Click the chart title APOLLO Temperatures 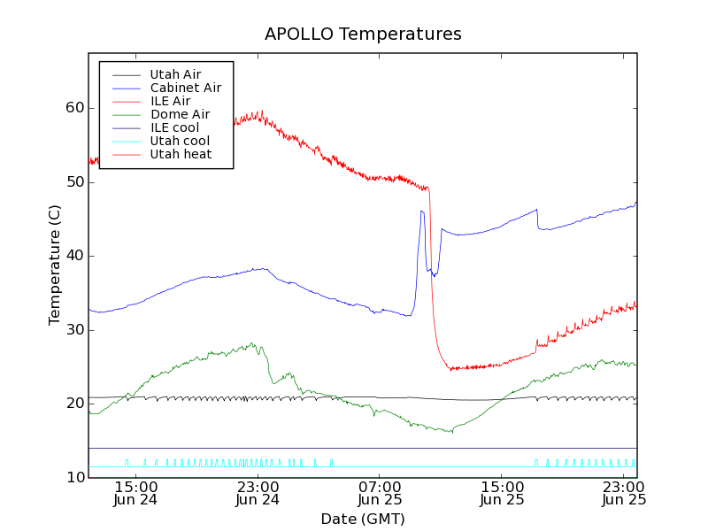(x=363, y=35)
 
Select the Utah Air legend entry (x=175, y=74)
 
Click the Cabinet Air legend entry (x=185, y=88)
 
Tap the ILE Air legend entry (x=170, y=101)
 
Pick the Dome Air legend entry (x=180, y=114)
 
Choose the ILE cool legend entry (x=174, y=127)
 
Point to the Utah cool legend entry (x=180, y=141)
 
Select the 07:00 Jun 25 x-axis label (x=380, y=493)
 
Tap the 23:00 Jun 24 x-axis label (x=258, y=493)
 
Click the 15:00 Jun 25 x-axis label (x=502, y=493)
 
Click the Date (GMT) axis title (x=363, y=519)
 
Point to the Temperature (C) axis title (x=55, y=265)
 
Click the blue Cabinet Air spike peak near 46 (x=422, y=211)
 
